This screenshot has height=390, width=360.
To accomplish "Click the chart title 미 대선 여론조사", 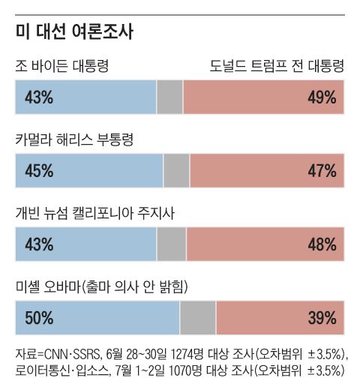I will click(74, 33).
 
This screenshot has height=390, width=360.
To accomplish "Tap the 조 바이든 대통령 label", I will click(62, 67).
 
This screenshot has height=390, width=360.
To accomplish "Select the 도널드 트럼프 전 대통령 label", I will click(277, 67).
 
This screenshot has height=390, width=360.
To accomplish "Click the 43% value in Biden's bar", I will click(39, 97).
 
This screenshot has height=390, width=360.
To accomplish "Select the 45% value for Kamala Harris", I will click(39, 171).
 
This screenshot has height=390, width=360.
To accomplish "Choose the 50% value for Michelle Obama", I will click(39, 317).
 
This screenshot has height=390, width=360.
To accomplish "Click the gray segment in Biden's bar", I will click(169, 97).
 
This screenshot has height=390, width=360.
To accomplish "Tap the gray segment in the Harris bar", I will click(176, 171).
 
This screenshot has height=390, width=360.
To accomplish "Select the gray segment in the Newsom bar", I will click(171, 244).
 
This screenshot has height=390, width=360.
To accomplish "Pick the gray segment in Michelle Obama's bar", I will click(198, 317).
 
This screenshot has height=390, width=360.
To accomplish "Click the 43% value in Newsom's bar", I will click(39, 244).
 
